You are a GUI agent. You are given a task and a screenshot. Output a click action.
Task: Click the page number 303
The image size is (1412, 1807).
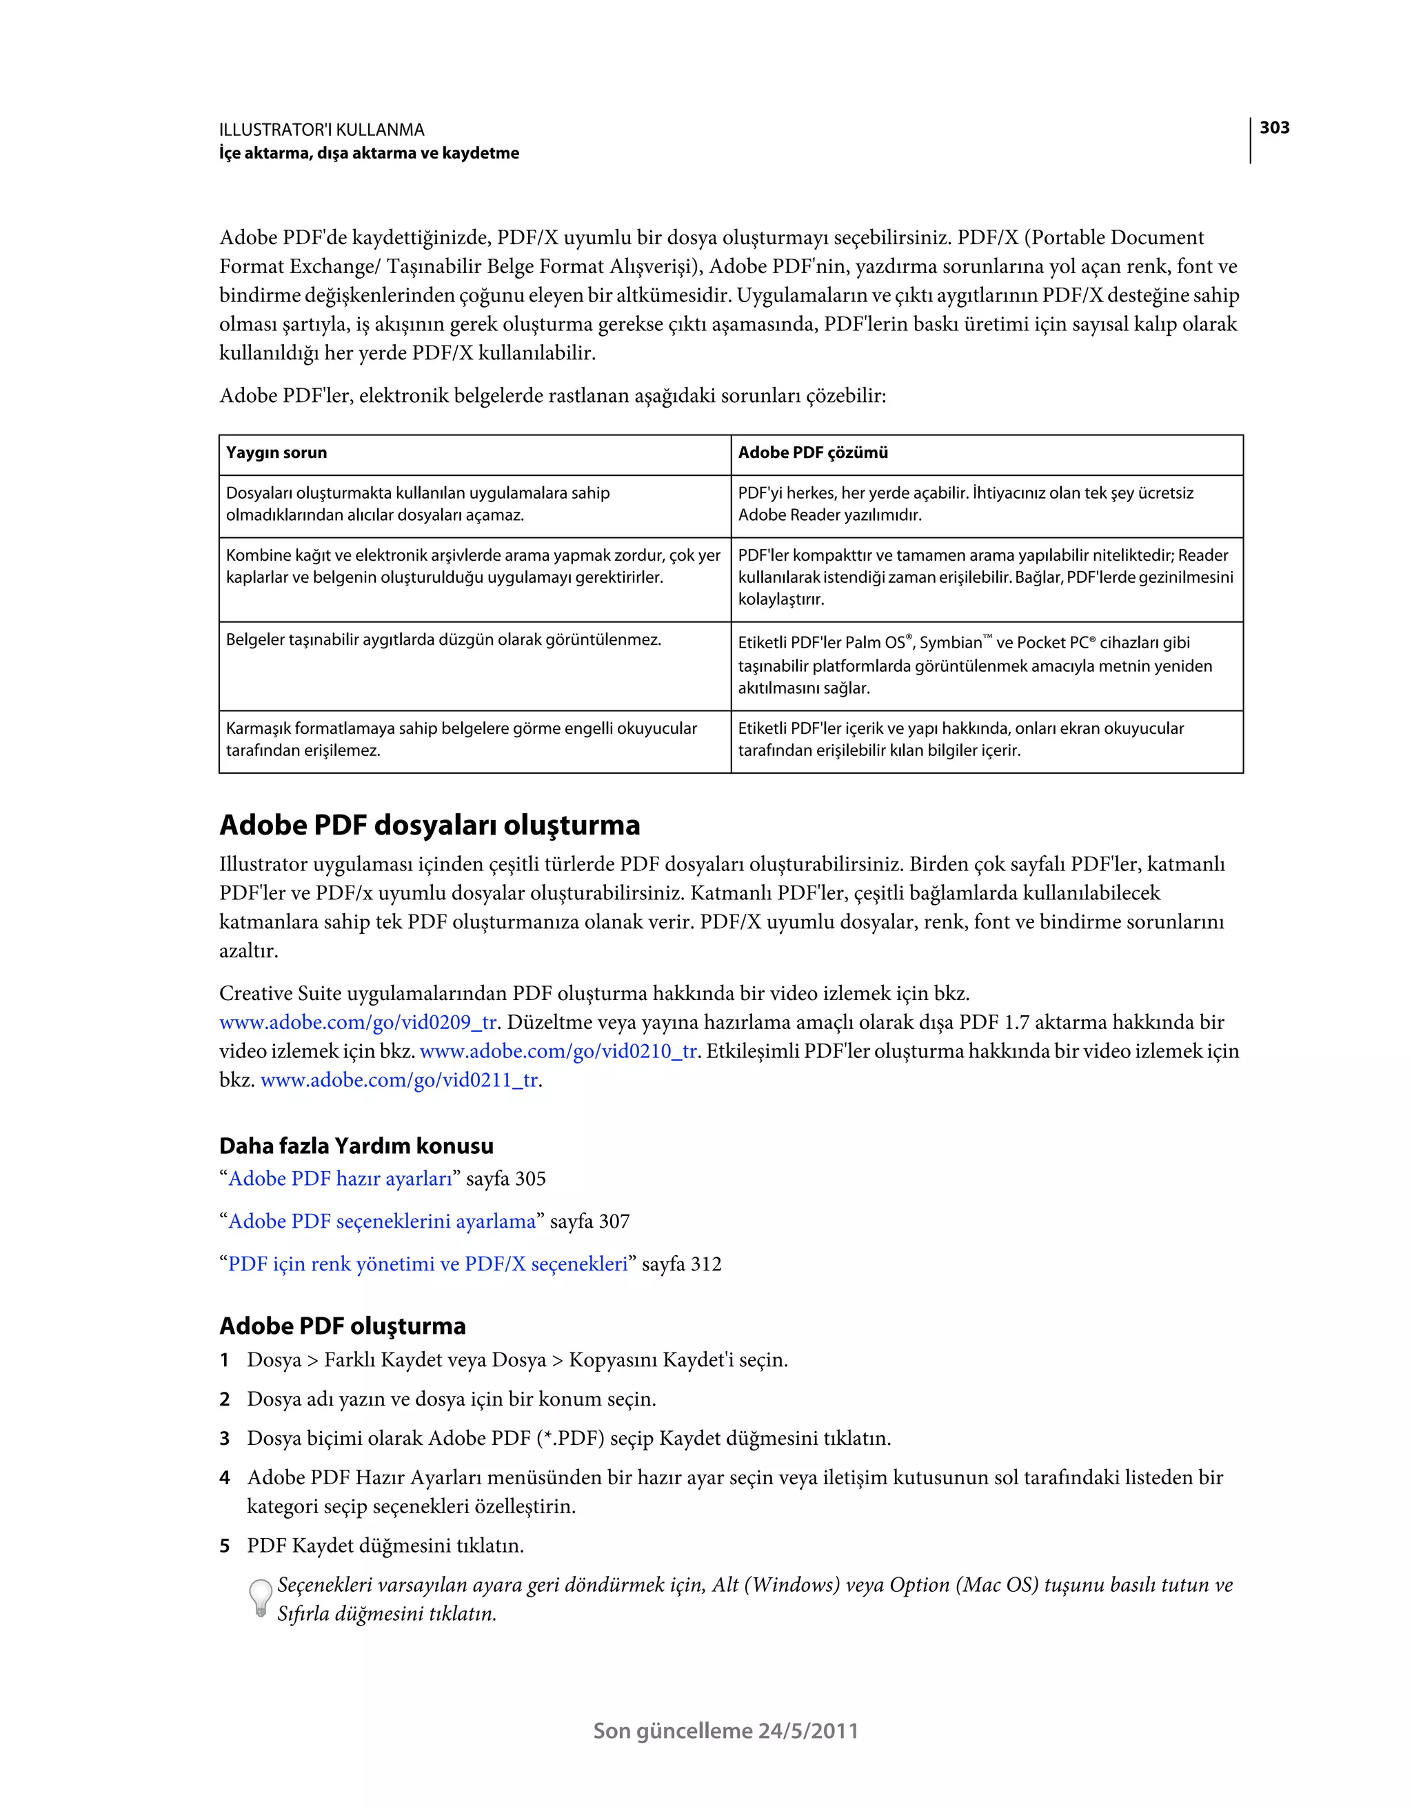pyautogui.click(x=1274, y=128)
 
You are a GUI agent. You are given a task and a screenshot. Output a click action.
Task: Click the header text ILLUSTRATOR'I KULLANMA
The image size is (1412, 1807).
pyautogui.click(x=322, y=130)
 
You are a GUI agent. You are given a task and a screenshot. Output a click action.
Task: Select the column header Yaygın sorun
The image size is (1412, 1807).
pyautogui.click(x=276, y=452)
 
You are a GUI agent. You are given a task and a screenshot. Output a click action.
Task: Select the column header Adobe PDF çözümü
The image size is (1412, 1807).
pyautogui.click(x=812, y=452)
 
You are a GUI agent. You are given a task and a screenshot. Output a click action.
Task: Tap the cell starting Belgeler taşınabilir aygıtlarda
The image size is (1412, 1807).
pyautogui.click(x=443, y=639)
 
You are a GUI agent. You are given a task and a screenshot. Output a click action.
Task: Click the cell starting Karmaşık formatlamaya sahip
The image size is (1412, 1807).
pyautogui.click(x=461, y=739)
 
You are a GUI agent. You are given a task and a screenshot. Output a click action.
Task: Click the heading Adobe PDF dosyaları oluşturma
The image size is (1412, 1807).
pyautogui.click(x=430, y=825)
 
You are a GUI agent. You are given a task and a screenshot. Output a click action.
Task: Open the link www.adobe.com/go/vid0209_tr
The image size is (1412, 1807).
pyautogui.click(x=357, y=1023)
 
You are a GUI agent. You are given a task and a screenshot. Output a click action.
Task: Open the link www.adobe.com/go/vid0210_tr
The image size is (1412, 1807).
pyautogui.click(x=558, y=1052)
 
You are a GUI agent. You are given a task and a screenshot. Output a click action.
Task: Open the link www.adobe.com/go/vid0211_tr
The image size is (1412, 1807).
pyautogui.click(x=399, y=1081)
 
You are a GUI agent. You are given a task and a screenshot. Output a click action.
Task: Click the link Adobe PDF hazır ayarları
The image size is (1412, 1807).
pyautogui.click(x=340, y=1179)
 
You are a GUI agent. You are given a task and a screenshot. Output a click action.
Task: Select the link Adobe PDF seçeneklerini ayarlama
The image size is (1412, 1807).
pyautogui.click(x=381, y=1222)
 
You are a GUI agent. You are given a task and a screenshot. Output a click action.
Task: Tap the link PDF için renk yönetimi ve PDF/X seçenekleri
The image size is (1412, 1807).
pyautogui.click(x=427, y=1264)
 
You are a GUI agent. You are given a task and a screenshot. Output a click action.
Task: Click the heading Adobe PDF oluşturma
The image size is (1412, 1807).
pyautogui.click(x=343, y=1326)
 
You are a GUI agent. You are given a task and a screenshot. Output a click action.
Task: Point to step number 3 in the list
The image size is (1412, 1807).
pyautogui.click(x=224, y=1439)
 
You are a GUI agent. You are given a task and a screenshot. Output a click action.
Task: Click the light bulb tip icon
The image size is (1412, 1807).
pyautogui.click(x=260, y=1597)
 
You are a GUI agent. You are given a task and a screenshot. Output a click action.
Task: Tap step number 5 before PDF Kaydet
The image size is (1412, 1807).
pyautogui.click(x=224, y=1546)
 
